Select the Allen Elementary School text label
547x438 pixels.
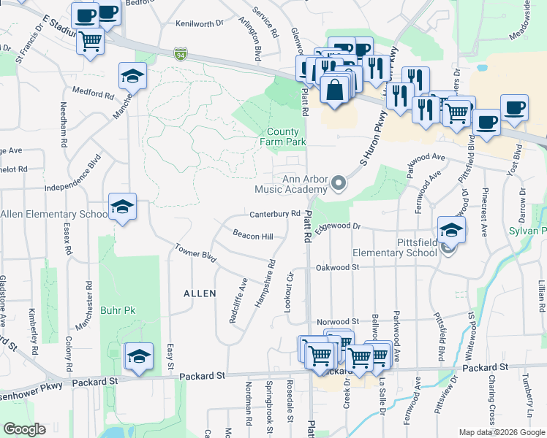54,214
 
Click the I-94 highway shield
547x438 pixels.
181,54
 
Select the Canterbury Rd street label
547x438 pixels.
275,214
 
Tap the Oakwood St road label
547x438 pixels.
338,268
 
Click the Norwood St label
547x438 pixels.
337,321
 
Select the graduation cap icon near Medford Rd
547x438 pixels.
133,75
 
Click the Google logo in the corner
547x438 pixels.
24,429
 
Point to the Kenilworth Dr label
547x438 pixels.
200,23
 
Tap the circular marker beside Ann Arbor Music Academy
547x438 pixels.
339,183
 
